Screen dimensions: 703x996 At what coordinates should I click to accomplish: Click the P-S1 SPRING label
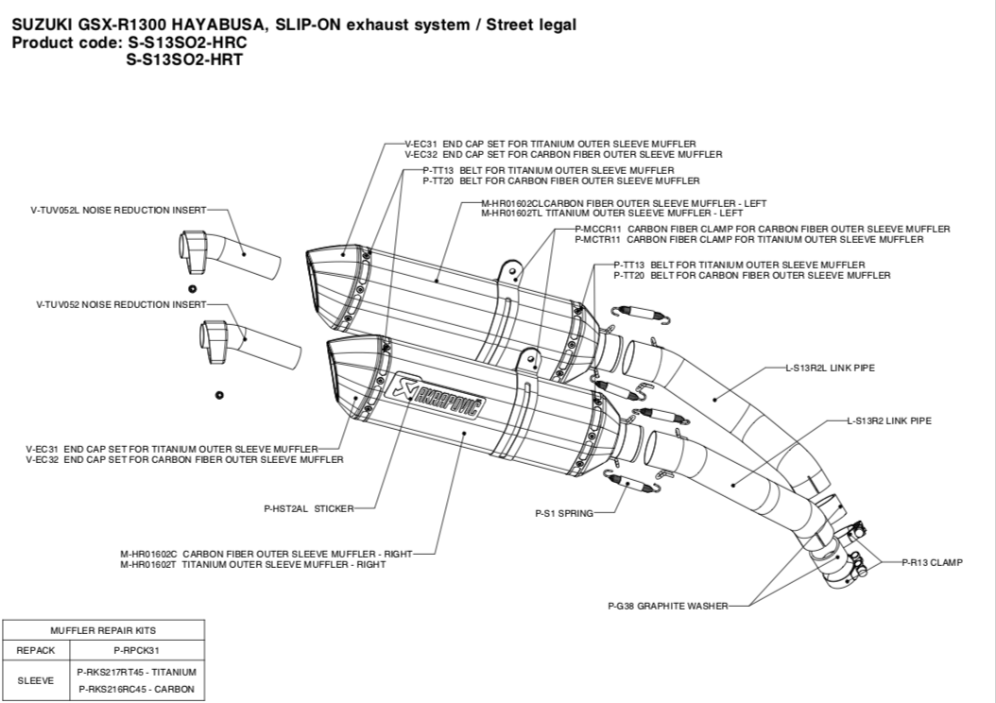(564, 514)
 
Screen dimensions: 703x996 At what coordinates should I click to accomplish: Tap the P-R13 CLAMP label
(932, 562)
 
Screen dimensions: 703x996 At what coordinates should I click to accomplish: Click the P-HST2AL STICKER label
(308, 508)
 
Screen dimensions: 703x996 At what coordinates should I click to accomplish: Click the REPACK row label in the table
(36, 650)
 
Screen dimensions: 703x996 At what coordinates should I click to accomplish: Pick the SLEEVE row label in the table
(36, 680)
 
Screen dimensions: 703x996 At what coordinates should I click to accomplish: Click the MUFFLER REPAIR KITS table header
(104, 629)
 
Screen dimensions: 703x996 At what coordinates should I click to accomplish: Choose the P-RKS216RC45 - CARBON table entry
(136, 690)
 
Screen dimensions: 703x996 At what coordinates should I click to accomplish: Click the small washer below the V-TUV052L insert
(191, 287)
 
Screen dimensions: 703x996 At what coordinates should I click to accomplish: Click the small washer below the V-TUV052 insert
(218, 393)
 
